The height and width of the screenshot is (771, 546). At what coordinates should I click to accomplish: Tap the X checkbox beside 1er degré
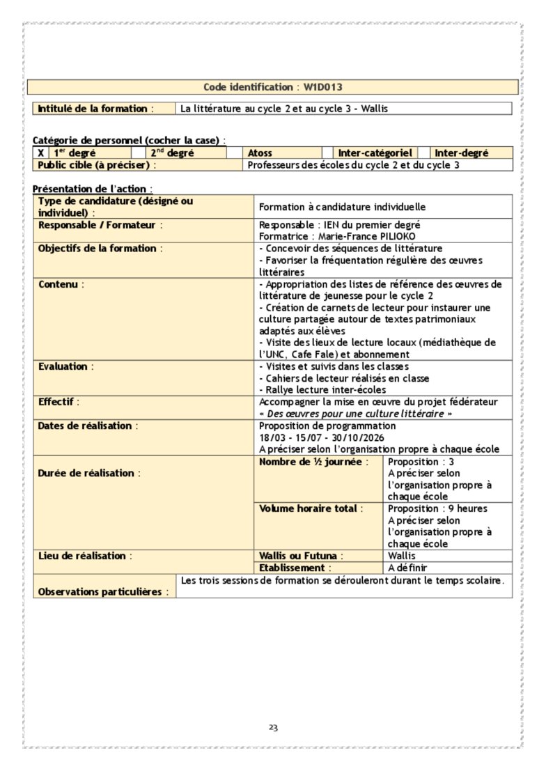(x=41, y=153)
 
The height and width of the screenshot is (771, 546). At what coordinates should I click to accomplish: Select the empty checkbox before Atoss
(x=235, y=153)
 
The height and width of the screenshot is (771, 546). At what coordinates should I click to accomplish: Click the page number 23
(x=273, y=728)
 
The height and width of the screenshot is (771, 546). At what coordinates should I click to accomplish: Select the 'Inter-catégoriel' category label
(x=375, y=153)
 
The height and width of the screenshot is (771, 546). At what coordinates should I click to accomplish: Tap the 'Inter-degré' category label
(x=461, y=153)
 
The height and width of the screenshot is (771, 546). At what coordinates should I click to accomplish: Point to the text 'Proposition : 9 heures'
(x=437, y=508)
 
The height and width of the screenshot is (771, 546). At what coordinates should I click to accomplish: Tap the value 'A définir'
(x=407, y=568)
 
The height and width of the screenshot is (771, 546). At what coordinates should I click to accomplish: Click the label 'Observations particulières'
(x=103, y=592)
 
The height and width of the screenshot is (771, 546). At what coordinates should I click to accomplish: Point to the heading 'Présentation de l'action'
(x=92, y=189)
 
